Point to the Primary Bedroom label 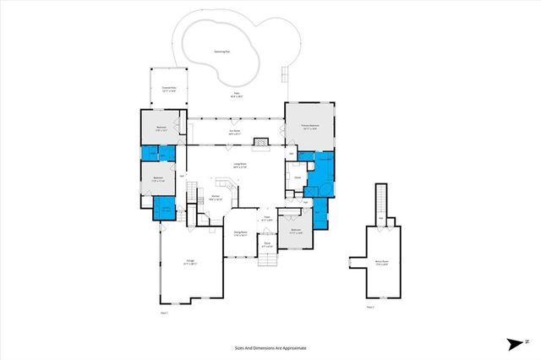310,127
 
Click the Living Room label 241,166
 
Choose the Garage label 191,264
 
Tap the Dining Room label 240,233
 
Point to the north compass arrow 514,343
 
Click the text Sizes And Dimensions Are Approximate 270,347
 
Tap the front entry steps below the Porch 267,259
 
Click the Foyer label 266,219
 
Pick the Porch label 267,245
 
